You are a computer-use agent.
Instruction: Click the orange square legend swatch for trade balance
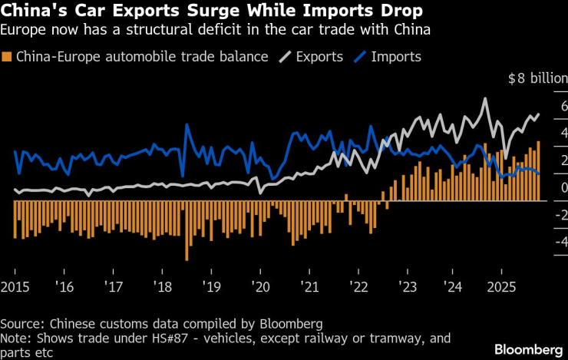click(8, 57)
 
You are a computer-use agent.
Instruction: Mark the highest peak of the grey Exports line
click(485, 99)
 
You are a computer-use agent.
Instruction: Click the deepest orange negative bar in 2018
click(187, 259)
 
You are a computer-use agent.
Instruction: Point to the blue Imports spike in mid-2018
click(187, 126)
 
